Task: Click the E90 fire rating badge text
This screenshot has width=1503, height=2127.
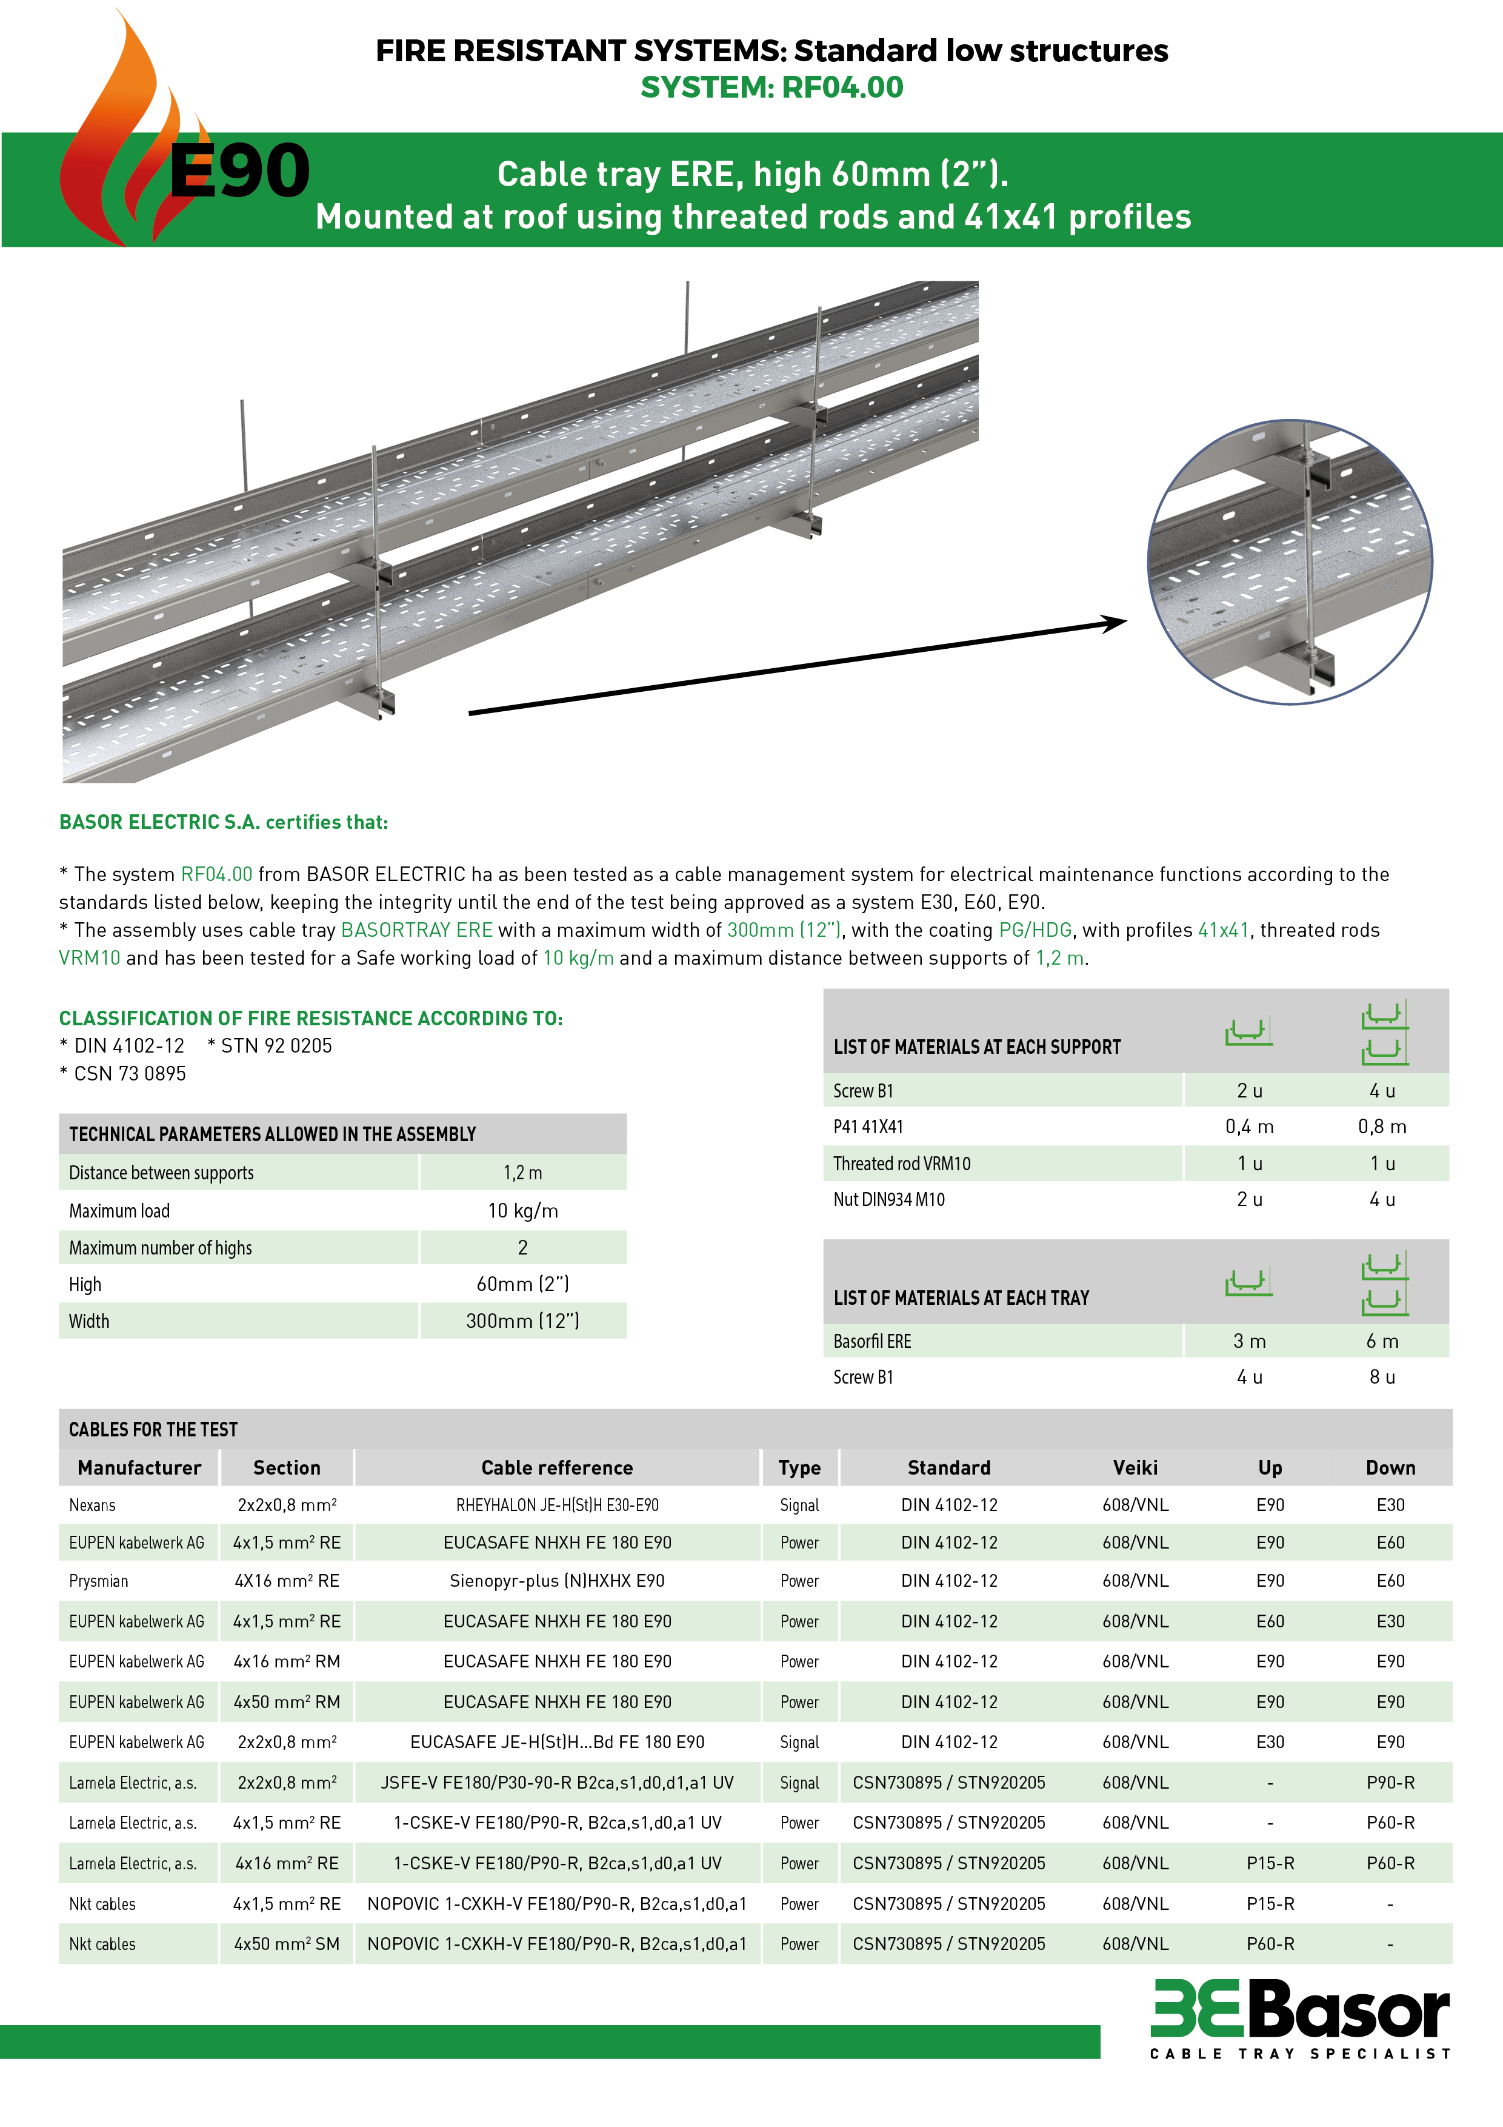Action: (x=239, y=172)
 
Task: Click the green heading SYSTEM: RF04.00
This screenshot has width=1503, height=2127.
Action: (x=771, y=87)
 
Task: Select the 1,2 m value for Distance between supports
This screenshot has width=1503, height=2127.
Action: (x=522, y=1173)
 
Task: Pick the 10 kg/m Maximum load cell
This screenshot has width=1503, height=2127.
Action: (x=522, y=1211)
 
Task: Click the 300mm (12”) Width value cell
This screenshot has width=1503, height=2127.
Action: (x=522, y=1321)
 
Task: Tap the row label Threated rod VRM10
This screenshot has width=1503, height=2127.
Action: (x=901, y=1164)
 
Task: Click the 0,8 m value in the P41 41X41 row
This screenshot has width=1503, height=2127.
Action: (x=1382, y=1127)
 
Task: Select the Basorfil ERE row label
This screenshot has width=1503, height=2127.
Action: (x=871, y=1341)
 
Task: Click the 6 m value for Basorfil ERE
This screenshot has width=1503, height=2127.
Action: (x=1382, y=1341)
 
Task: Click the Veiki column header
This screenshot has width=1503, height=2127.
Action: (x=1135, y=1467)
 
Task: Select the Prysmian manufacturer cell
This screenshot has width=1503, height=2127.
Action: (x=98, y=1581)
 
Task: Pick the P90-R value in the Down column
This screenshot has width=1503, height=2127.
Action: (x=1390, y=1783)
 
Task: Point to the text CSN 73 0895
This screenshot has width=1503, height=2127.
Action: (x=130, y=1074)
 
